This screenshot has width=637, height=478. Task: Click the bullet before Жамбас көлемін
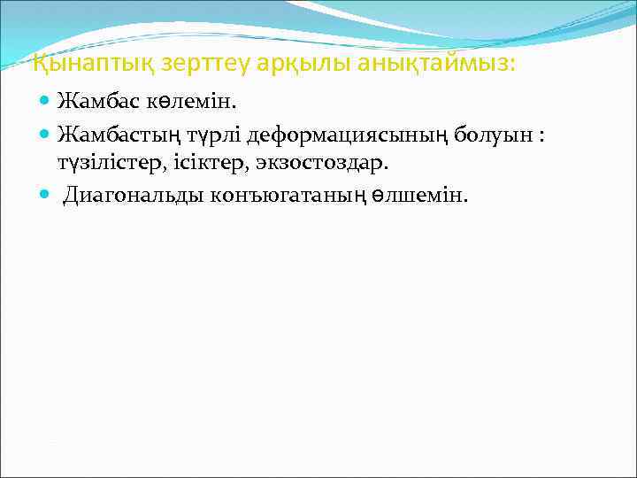[47, 103]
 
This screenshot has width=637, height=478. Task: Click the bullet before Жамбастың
[47, 135]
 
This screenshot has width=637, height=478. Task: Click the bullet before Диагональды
[47, 195]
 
